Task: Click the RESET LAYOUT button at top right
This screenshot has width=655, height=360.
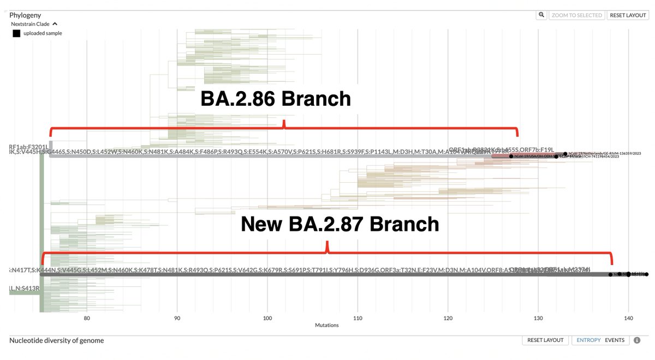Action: click(628, 15)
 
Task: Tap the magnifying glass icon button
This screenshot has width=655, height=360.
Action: click(541, 15)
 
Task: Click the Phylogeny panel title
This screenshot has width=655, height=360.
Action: click(25, 15)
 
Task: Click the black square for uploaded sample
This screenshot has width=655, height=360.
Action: click(16, 33)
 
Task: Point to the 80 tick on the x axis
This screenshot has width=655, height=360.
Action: click(87, 317)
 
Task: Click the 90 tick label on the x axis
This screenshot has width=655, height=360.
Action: click(177, 317)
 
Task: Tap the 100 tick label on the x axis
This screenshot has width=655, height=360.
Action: click(267, 317)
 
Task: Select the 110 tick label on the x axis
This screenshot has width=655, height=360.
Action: click(358, 317)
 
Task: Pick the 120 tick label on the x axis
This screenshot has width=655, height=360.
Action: click(448, 317)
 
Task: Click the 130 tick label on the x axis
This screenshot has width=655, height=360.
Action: click(538, 317)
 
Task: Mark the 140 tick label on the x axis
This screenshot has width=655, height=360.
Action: click(628, 317)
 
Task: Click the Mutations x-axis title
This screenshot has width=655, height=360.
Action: click(326, 325)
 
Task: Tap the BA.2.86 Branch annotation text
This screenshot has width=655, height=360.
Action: click(276, 99)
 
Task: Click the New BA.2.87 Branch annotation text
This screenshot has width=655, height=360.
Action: click(340, 224)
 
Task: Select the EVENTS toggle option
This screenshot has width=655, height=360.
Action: click(615, 340)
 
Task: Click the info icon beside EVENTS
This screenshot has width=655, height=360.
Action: click(637, 340)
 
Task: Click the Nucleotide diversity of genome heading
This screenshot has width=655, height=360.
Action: click(56, 340)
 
